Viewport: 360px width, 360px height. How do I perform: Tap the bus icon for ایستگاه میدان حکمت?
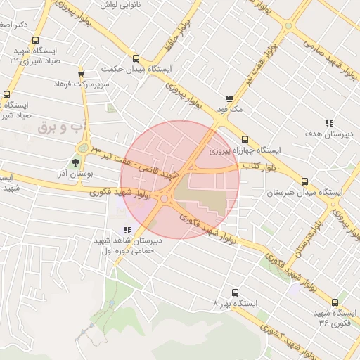[x=135, y=59]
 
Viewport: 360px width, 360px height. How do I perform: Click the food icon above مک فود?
[x=229, y=99]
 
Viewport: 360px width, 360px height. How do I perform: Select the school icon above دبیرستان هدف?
[x=328, y=123]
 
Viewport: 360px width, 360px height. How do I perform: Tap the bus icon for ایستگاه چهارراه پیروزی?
[x=245, y=139]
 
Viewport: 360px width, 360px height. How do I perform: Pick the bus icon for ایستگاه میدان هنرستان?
[x=304, y=181]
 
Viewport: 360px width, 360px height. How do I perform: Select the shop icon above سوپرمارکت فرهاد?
[x=81, y=73]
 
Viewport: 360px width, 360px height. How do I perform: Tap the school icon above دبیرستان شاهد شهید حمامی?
[x=127, y=229]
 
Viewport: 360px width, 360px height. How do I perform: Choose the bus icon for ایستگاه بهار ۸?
[x=235, y=292]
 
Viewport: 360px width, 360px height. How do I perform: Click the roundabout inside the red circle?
[x=165, y=199]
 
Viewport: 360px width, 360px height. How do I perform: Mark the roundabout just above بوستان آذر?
[x=84, y=148]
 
